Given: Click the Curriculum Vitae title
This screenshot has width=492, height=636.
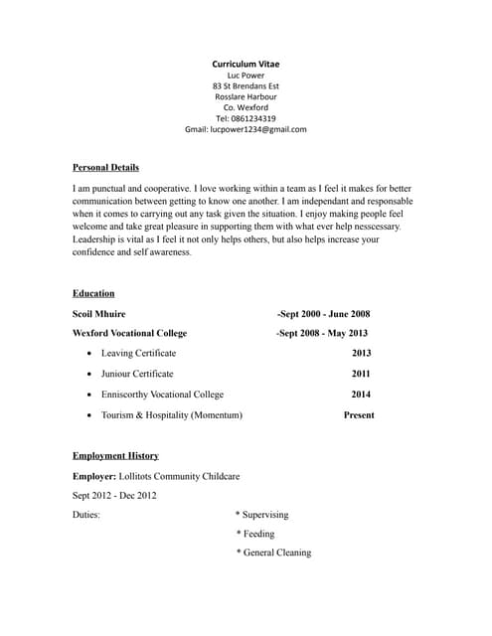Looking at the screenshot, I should click(246, 64).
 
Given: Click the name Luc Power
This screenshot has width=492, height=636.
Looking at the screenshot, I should click(246, 75).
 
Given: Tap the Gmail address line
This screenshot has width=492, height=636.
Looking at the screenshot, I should click(246, 129).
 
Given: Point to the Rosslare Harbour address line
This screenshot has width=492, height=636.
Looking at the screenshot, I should click(246, 96).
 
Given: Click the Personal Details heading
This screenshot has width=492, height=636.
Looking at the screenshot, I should click(105, 167).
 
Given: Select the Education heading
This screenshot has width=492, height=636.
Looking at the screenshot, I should click(93, 293).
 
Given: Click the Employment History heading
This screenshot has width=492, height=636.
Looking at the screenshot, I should click(115, 455).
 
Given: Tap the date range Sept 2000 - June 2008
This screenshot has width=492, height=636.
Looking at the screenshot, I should click(324, 313).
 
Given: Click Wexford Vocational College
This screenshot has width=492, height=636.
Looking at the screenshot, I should click(129, 333).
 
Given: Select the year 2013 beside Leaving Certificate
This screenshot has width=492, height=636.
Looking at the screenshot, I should click(361, 353).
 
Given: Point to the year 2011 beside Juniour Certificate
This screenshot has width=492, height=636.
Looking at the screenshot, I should click(361, 374).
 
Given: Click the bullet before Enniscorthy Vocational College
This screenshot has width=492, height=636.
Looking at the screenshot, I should click(90, 395).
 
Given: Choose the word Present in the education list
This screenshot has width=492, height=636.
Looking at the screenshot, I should click(359, 414).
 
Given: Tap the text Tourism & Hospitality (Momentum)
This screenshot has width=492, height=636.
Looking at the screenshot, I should click(172, 414).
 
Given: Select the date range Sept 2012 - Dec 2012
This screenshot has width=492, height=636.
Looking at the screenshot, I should click(114, 495).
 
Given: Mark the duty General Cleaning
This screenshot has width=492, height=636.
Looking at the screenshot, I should click(276, 553).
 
